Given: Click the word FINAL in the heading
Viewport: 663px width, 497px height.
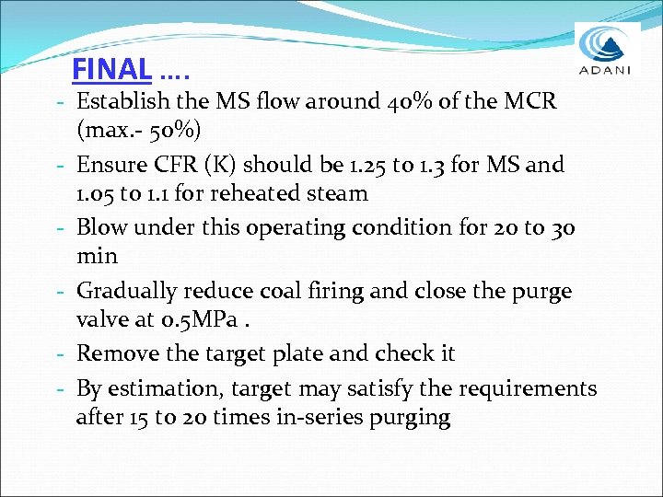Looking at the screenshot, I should [110, 69].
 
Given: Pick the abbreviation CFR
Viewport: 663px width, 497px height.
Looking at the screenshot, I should [184, 166].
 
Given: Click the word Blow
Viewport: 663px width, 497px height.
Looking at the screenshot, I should [102, 227].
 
